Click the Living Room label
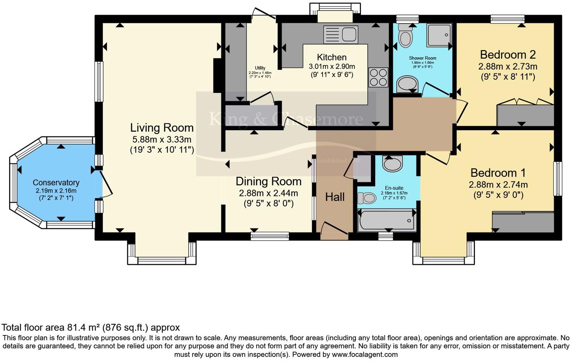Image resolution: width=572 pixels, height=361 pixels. point(162,128)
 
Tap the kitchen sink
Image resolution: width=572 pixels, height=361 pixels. point(341,35)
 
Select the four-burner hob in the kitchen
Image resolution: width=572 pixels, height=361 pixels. point(378,77)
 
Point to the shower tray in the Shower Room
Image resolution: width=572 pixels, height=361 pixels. point(439,36)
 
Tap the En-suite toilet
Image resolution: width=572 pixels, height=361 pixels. point(364,197)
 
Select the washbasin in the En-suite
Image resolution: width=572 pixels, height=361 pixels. point(392,163)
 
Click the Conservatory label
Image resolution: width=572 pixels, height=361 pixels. point(56,183)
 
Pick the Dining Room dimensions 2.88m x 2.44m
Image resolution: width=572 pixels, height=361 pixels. point(268,193)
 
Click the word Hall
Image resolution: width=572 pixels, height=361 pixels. point(335,197)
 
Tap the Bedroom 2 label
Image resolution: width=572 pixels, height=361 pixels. point(508,55)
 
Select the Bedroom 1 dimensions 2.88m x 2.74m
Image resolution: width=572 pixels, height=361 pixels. point(498,185)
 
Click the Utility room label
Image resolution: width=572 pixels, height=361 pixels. point(260,68)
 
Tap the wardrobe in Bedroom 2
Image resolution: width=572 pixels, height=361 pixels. point(525,115)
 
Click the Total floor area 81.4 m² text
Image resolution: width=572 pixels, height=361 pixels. point(91,328)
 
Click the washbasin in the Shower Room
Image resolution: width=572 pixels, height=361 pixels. point(407,84)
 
